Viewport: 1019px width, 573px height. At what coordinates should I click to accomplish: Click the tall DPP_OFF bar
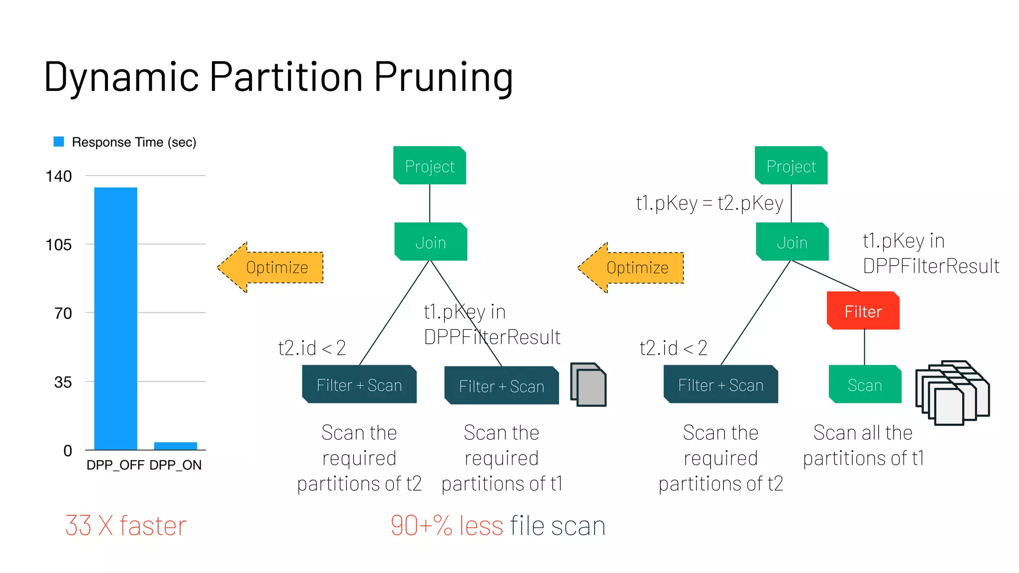click(115, 318)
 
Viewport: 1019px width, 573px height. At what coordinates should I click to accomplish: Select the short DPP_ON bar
click(176, 446)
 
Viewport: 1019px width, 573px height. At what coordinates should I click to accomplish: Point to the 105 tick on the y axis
click(59, 245)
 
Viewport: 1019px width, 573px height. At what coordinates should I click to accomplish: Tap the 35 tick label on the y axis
click(63, 382)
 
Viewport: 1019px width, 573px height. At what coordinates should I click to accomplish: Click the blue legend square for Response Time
click(59, 142)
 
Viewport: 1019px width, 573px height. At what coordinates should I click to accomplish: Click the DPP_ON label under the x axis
click(175, 465)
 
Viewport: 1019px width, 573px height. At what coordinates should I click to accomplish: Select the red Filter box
click(863, 311)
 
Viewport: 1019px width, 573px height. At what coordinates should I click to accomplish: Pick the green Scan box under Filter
click(865, 384)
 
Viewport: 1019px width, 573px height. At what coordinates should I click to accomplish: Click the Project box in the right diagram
click(791, 166)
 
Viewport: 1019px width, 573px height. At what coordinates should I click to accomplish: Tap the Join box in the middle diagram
click(430, 242)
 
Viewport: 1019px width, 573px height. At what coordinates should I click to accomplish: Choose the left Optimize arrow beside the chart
click(271, 268)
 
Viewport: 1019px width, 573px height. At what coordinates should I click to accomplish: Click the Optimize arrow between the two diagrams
click(631, 268)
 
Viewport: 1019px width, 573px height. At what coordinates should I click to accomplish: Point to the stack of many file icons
click(952, 393)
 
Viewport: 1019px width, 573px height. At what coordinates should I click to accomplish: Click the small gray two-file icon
click(588, 384)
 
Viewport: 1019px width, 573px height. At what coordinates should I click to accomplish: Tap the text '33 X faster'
click(125, 526)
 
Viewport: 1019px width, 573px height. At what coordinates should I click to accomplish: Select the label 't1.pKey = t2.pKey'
click(710, 203)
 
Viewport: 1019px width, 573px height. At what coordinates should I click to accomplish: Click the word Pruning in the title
click(443, 77)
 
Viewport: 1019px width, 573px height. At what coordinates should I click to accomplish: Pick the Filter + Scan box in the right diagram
click(720, 384)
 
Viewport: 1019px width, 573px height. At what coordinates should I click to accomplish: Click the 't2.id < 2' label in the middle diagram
click(312, 348)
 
